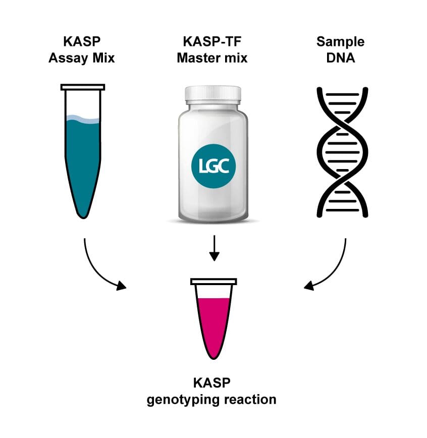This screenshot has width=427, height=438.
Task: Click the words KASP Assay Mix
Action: (81, 49)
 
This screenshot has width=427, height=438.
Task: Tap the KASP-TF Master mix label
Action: (212, 49)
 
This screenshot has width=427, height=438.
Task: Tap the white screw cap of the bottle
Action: (212, 94)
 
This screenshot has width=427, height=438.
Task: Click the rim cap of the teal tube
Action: (83, 87)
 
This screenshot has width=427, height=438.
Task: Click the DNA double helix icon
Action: (342, 151)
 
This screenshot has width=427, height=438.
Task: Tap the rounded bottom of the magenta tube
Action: (214, 353)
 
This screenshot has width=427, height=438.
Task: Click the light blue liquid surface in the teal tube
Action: (82, 119)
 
